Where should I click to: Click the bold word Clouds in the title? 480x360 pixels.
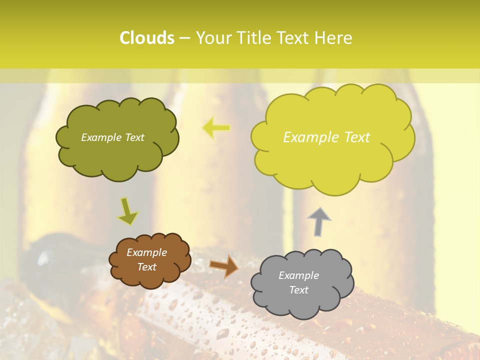pos(147,38)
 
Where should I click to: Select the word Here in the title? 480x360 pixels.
pos(334,38)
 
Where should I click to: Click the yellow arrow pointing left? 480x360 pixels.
pos(216,128)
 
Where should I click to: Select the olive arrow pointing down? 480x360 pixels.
pos(128,211)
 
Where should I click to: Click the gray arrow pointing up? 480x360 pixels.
pos(318,221)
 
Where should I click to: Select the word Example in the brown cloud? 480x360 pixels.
pos(146,252)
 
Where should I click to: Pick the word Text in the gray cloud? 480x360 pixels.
pos(299,290)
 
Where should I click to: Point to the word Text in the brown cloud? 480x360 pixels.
pos(146,267)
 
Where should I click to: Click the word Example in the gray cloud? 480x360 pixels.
pos(298,275)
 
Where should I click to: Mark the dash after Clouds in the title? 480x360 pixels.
pos(184,38)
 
